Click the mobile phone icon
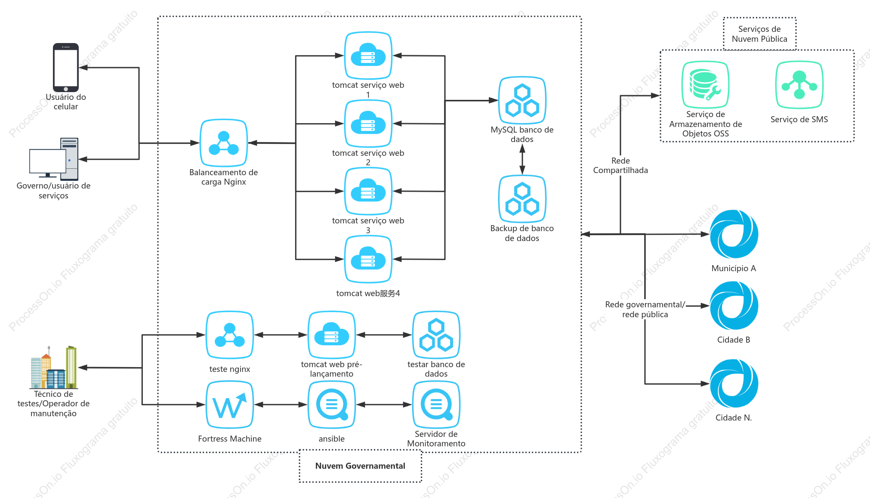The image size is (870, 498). tap(66, 68)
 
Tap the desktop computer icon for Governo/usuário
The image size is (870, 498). tap(54, 158)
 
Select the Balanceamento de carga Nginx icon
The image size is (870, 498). tap(224, 143)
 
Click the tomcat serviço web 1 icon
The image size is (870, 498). tap(368, 56)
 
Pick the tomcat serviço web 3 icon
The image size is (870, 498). tap(368, 191)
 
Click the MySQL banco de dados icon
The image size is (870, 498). tap(522, 100)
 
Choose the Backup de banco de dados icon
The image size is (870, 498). tap(522, 199)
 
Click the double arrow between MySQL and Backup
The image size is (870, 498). tap(522, 159)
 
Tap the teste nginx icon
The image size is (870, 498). tap(230, 335)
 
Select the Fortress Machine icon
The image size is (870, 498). tap(230, 405)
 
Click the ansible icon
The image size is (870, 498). tap(332, 405)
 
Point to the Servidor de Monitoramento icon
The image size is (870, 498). tap(436, 405)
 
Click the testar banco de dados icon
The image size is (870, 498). tap(436, 335)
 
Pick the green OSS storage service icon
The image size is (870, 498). tap(705, 85)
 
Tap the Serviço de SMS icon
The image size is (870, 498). tap(799, 85)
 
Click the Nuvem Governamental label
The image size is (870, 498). tap(360, 466)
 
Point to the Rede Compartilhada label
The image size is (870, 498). tap(620, 165)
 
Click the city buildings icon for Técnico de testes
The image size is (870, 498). tap(54, 367)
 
